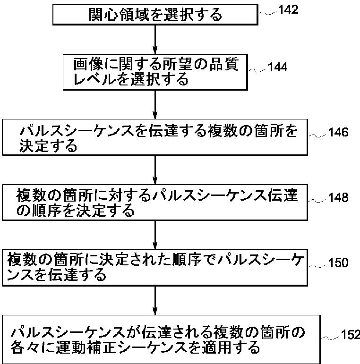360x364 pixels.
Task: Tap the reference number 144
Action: (277, 67)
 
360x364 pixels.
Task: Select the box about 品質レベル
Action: (155, 71)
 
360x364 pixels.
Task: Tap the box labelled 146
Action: (155, 137)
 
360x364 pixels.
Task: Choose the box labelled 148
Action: (155, 202)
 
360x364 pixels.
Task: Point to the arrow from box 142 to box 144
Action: (155, 40)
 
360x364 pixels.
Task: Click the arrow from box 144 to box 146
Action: (155, 103)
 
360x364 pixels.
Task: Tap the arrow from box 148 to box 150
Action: (155, 234)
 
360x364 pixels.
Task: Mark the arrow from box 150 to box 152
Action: (155, 299)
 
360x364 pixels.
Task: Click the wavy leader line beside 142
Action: (267, 13)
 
